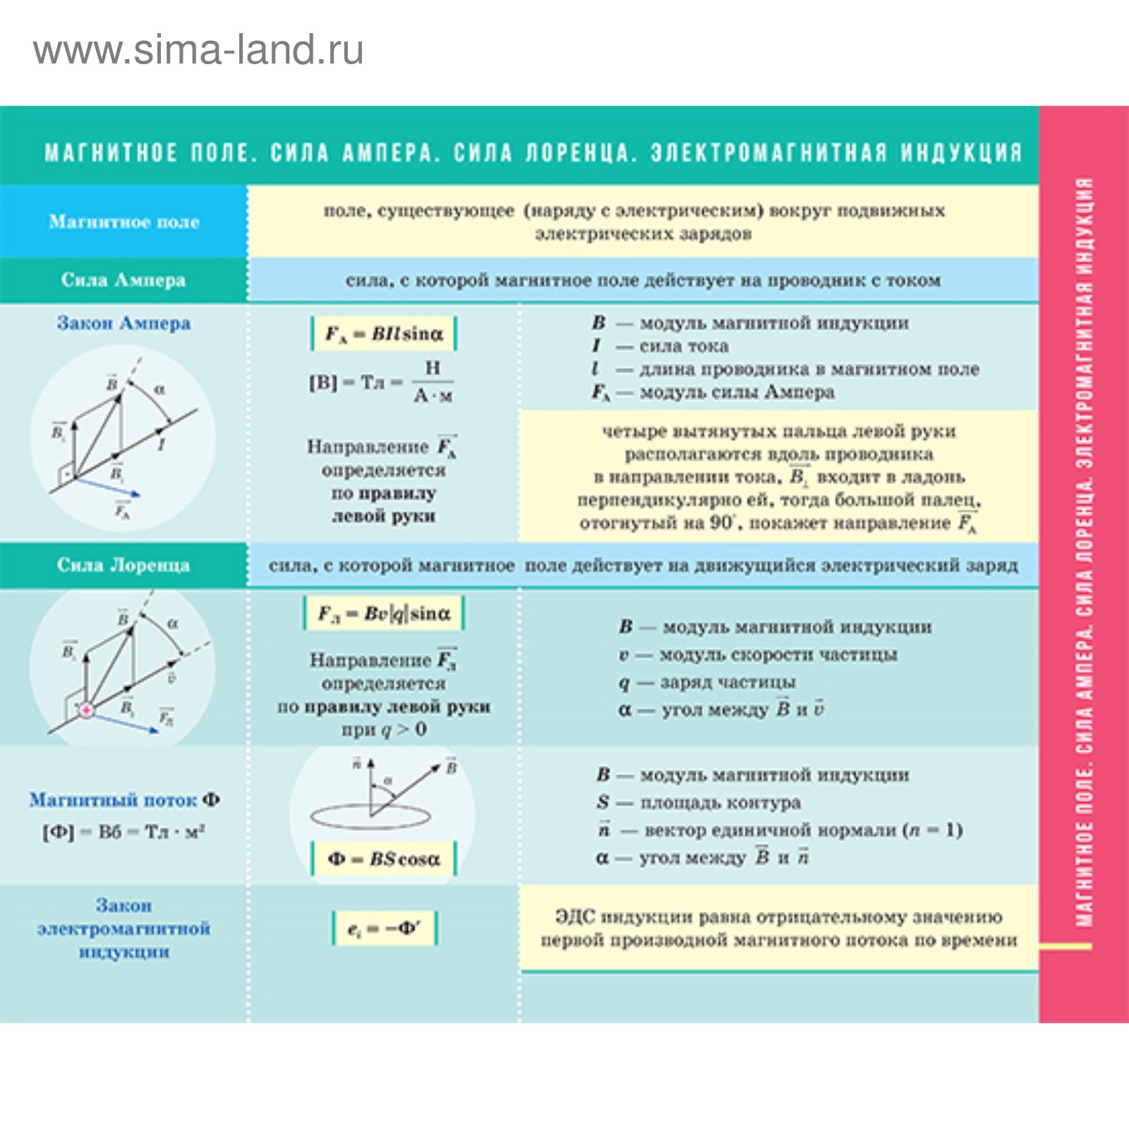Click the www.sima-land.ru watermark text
198,51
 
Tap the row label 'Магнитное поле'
124,222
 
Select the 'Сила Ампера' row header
123,280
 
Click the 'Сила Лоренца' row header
123,565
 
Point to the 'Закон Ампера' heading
123,323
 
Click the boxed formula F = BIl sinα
384,334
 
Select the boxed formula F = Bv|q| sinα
384,614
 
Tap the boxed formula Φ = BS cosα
384,859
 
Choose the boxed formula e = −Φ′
385,929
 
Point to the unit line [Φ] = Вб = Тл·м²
123,832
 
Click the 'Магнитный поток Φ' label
124,800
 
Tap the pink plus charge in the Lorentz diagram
86,710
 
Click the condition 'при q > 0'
384,730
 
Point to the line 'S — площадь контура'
699,802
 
